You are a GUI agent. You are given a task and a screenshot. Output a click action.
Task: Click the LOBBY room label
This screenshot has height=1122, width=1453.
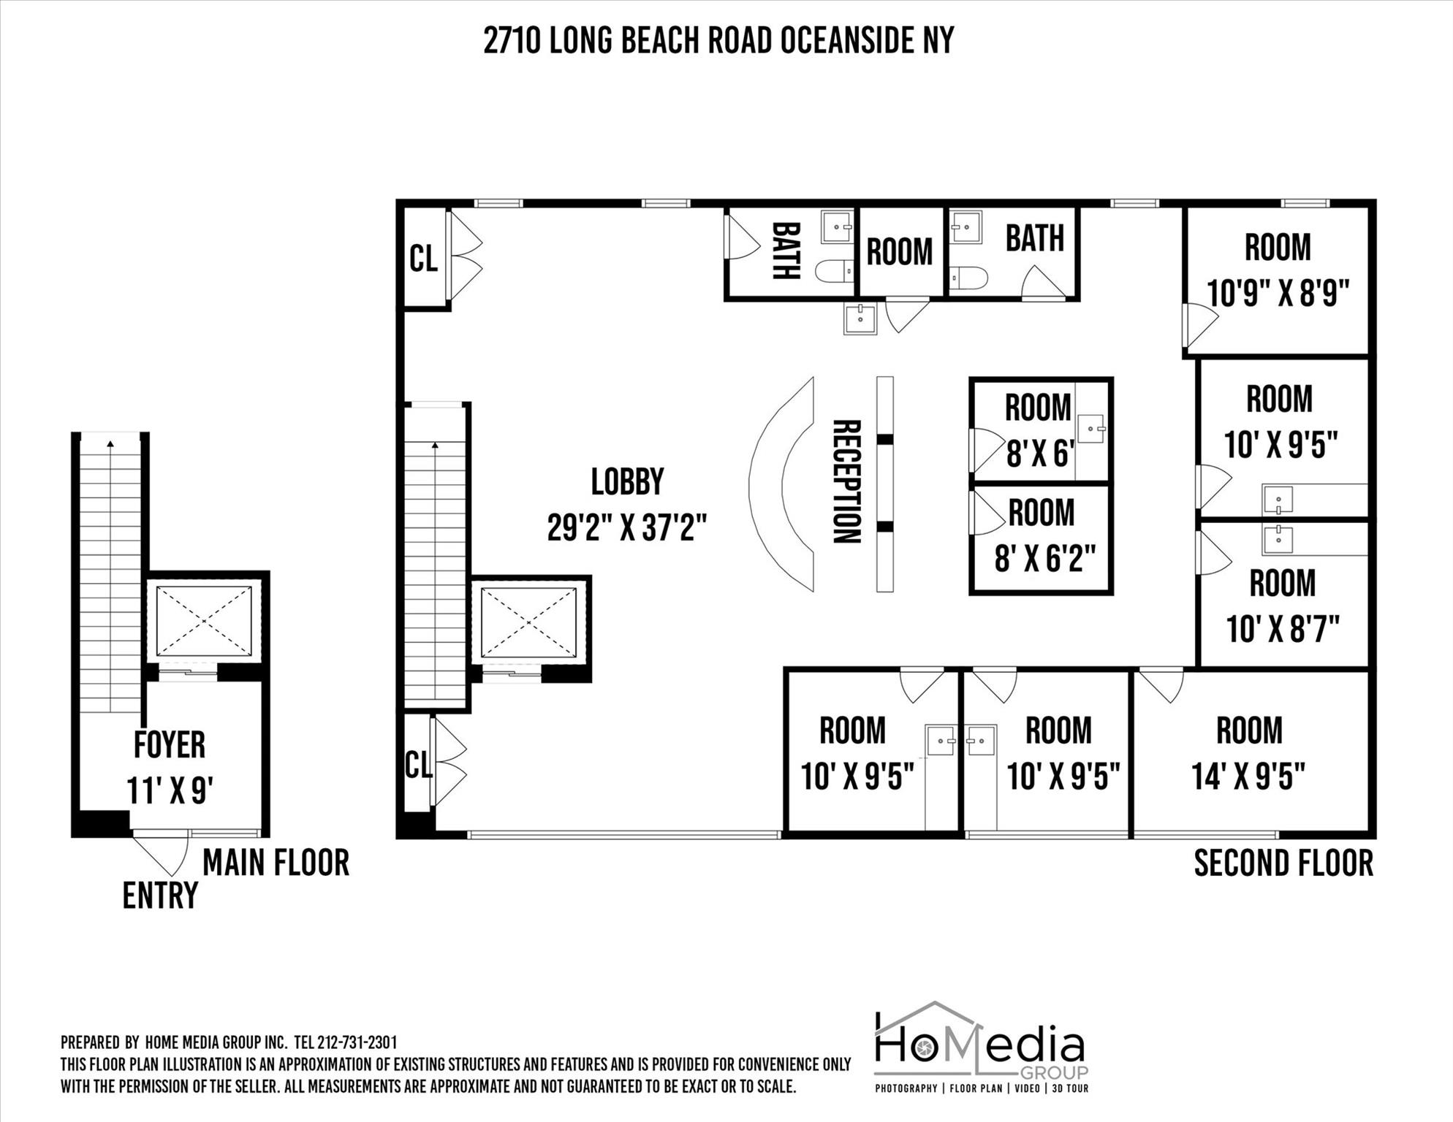point(627,482)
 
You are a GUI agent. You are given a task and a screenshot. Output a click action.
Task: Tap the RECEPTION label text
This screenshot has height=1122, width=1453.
point(846,482)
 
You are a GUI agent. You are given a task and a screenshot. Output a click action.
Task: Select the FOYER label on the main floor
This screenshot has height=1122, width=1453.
point(170,745)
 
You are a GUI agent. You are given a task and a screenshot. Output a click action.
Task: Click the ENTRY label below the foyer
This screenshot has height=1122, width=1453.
point(160,896)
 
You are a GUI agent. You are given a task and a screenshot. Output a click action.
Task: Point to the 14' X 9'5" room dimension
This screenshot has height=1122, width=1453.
point(1248,776)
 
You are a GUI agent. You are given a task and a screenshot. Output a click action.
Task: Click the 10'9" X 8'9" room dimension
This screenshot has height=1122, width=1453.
point(1277,294)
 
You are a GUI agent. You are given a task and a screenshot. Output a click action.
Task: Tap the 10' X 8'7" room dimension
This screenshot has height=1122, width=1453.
point(1283,629)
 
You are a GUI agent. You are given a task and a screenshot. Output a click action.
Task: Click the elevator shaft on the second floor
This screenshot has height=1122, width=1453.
point(528,623)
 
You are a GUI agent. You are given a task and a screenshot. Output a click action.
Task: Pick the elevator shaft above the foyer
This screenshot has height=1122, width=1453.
point(204,621)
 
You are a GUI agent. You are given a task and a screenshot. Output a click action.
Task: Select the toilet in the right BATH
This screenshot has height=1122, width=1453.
point(969,278)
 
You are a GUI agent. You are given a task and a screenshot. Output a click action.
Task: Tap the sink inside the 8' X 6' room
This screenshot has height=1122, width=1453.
point(1091,429)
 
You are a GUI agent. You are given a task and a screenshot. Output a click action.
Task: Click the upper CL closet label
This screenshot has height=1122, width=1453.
point(423,259)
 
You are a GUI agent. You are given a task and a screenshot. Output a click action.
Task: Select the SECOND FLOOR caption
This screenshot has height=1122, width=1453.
point(1283,863)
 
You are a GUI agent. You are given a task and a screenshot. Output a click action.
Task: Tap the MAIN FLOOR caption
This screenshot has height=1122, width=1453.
point(276,863)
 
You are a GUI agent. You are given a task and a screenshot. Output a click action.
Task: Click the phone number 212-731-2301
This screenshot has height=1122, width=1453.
point(357,1042)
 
